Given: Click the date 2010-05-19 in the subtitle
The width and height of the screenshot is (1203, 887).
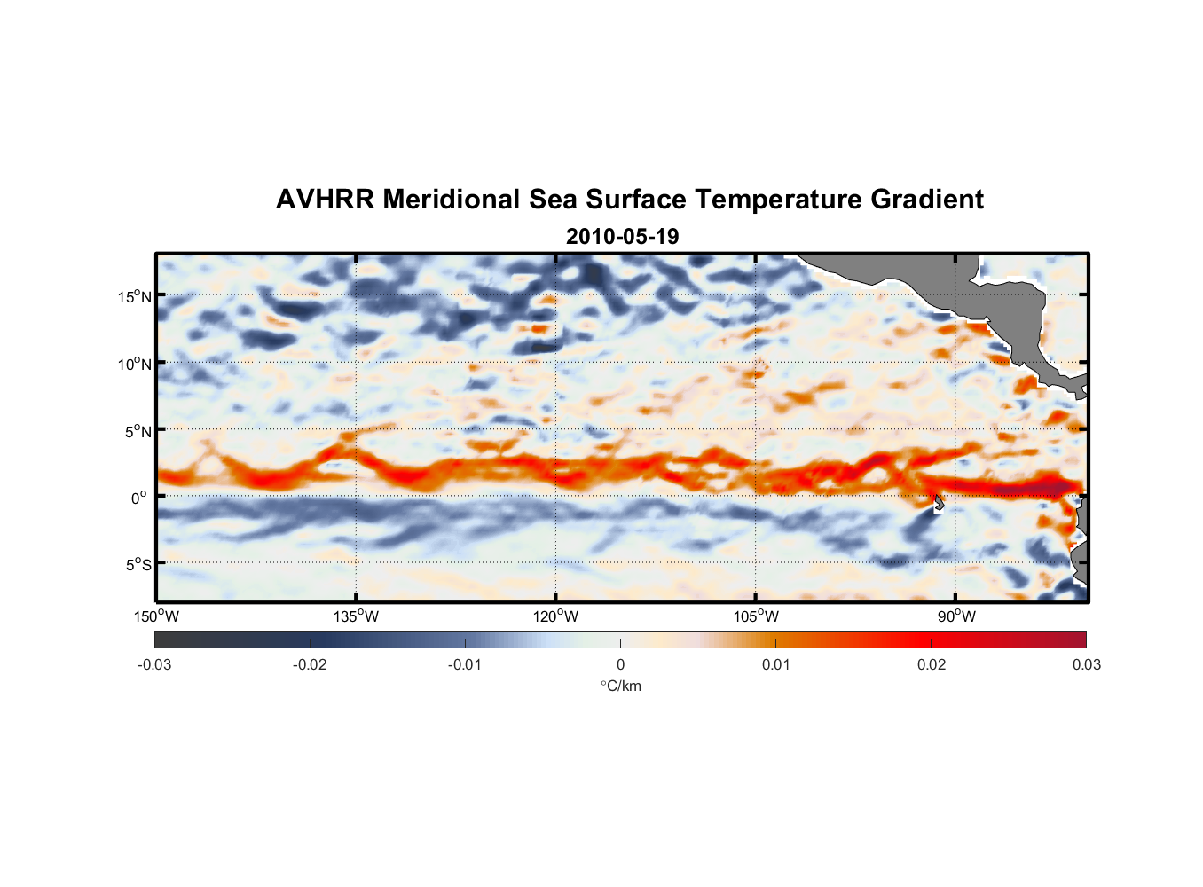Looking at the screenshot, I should [622, 237].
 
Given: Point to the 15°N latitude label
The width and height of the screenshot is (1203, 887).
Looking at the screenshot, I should [134, 296].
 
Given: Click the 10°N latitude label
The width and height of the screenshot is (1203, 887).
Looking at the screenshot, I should [134, 364].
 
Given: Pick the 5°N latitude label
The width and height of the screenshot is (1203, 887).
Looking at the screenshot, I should [138, 431].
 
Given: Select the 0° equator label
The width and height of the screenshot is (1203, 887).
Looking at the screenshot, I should [139, 498].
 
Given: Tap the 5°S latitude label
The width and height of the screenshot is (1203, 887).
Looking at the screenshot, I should [138, 564].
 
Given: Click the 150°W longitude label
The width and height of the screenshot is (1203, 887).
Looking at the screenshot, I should [157, 616].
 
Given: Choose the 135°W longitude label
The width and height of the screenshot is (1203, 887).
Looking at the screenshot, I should [357, 616].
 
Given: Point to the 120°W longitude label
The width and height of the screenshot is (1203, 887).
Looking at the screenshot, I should [556, 616].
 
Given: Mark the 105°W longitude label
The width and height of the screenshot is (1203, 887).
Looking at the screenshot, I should [756, 616].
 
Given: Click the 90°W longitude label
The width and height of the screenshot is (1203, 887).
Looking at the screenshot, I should [955, 616].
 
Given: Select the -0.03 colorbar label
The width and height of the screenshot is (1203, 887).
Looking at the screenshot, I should [154, 664].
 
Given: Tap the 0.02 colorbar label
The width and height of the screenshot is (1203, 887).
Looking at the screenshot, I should [931, 664].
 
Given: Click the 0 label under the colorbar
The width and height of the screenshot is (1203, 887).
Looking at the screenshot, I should [620, 664].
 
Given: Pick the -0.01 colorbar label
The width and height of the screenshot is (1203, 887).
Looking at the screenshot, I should [465, 664].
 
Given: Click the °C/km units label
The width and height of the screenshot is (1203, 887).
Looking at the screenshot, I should [620, 686].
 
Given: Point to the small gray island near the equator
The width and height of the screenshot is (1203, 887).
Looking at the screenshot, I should [939, 503].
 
